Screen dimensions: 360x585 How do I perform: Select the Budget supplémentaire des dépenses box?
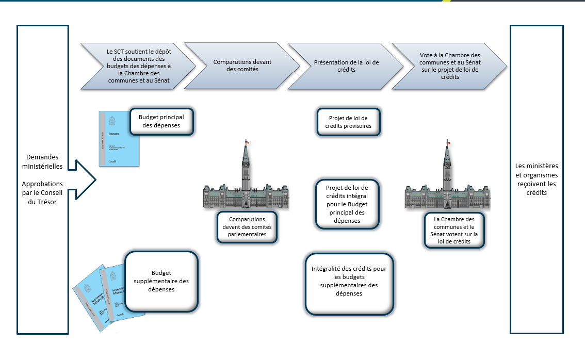pyautogui.click(x=161, y=281)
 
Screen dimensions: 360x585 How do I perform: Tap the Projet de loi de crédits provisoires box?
pyautogui.click(x=348, y=122)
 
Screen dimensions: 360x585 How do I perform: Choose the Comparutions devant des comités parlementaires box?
pyautogui.click(x=247, y=226)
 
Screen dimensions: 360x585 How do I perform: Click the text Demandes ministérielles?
pyautogui.click(x=43, y=161)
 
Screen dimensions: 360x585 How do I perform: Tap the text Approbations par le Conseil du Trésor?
pyautogui.click(x=43, y=192)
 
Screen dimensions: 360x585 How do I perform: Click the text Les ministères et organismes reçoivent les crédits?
pyautogui.click(x=537, y=179)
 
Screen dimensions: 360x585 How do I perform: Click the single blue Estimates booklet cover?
pyautogui.click(x=119, y=139)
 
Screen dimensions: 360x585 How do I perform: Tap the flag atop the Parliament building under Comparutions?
pyautogui.click(x=247, y=142)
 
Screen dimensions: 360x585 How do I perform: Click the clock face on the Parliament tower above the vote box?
pyautogui.click(x=447, y=166)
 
